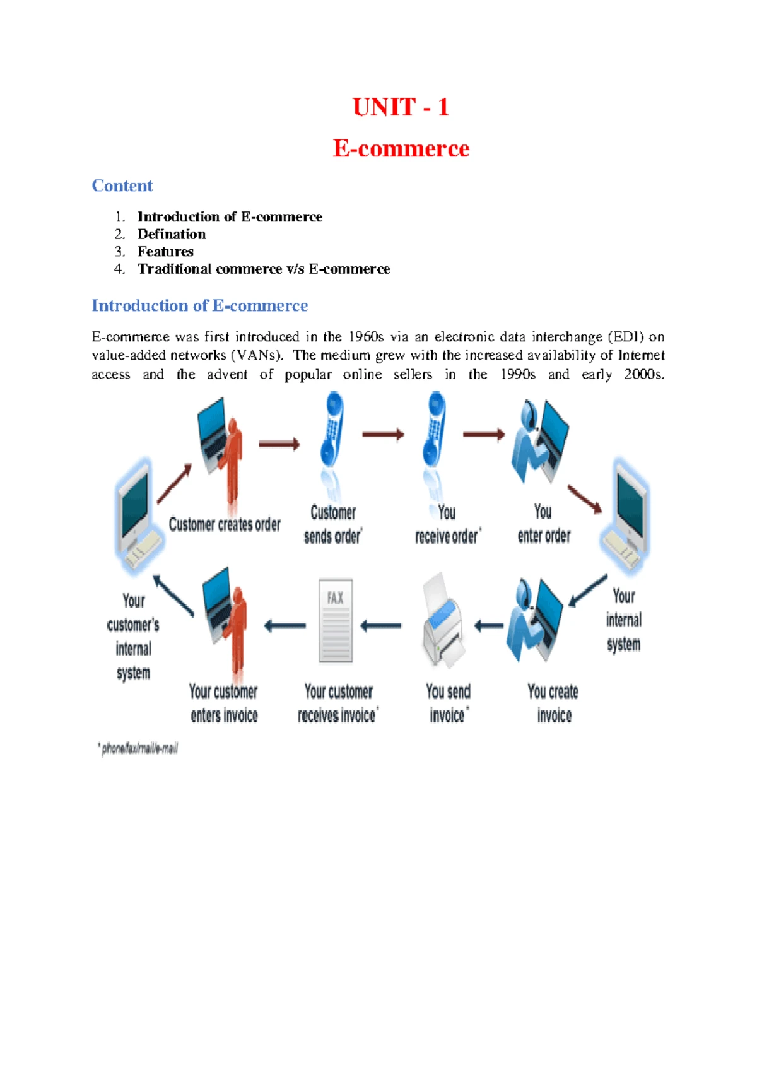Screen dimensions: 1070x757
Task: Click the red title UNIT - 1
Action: tap(401, 107)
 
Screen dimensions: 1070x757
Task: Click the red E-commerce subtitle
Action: tap(401, 148)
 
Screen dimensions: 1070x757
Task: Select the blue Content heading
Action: tap(122, 185)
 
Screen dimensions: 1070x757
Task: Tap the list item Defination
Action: tap(172, 234)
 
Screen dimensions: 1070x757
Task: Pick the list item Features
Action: tap(165, 251)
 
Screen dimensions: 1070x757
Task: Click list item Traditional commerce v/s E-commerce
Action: tap(264, 269)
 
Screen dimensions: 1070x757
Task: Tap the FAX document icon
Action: tap(336, 621)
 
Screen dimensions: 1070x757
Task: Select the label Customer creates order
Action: tap(225, 524)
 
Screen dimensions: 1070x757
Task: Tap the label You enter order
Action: tap(544, 524)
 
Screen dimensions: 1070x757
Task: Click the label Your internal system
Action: tap(624, 620)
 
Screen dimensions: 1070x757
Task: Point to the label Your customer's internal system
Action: tap(133, 637)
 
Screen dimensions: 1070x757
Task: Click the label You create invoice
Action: tap(553, 703)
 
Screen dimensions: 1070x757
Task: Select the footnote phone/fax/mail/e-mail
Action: tap(139, 749)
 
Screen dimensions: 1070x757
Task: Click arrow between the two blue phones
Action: tap(383, 434)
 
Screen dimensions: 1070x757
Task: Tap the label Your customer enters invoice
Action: tap(224, 703)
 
